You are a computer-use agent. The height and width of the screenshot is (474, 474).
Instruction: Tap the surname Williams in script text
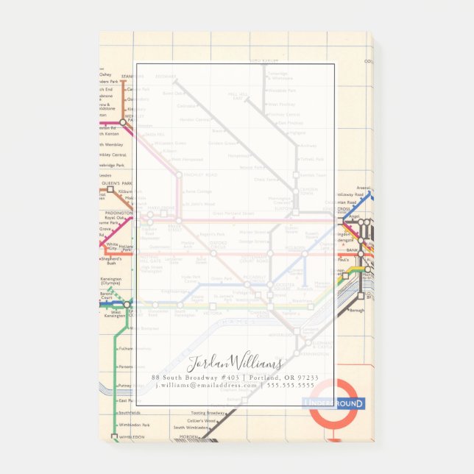coord(256,363)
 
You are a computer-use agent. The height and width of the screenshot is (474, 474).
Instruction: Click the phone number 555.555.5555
coord(290,385)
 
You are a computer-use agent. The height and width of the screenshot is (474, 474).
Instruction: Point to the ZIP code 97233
coord(305,378)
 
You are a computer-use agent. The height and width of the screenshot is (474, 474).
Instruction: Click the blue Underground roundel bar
coord(333,403)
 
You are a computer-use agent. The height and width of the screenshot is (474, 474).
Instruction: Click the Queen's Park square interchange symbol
coord(110,189)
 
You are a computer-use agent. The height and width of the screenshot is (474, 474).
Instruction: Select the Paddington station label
coord(118,213)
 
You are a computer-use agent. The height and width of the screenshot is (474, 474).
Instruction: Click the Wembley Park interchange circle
coord(123,122)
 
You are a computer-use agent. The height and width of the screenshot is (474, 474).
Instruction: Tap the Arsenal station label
coord(363,188)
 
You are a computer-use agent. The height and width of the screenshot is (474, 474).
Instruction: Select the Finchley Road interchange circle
coord(178,175)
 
